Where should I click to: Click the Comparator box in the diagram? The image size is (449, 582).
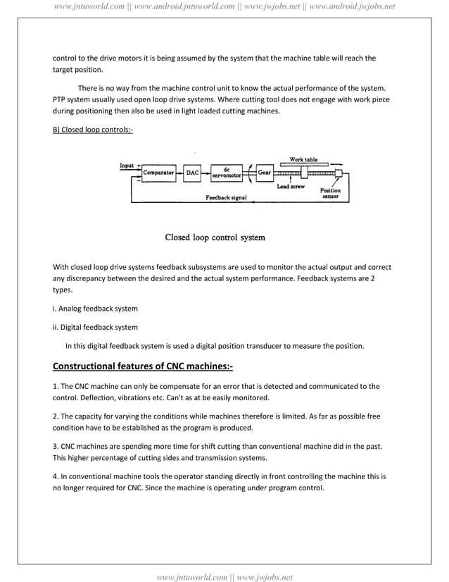pyautogui.click(x=158, y=172)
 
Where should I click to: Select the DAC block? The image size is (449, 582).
pyautogui.click(x=192, y=172)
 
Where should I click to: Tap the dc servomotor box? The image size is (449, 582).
pyautogui.click(x=226, y=172)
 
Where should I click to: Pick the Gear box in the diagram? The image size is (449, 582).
pyautogui.click(x=264, y=172)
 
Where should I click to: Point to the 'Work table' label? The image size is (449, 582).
pyautogui.click(x=303, y=160)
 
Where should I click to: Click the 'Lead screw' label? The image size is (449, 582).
pyautogui.click(x=290, y=187)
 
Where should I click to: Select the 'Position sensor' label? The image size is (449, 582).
pyautogui.click(x=330, y=194)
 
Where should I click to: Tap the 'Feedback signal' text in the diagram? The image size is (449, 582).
pyautogui.click(x=226, y=198)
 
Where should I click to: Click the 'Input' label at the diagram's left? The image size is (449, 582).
pyautogui.click(x=127, y=166)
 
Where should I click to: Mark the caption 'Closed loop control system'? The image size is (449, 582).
pyautogui.click(x=215, y=237)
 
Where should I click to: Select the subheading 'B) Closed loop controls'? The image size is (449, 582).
pyautogui.click(x=93, y=130)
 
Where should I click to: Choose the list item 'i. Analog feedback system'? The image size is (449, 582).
pyautogui.click(x=96, y=309)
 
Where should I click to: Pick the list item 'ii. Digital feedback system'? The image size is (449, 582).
pyautogui.click(x=96, y=327)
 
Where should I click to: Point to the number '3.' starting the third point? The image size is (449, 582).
pyautogui.click(x=56, y=447)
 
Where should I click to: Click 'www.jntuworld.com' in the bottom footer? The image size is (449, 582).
pyautogui.click(x=191, y=577)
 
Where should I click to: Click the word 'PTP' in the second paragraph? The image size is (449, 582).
pyautogui.click(x=59, y=99)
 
